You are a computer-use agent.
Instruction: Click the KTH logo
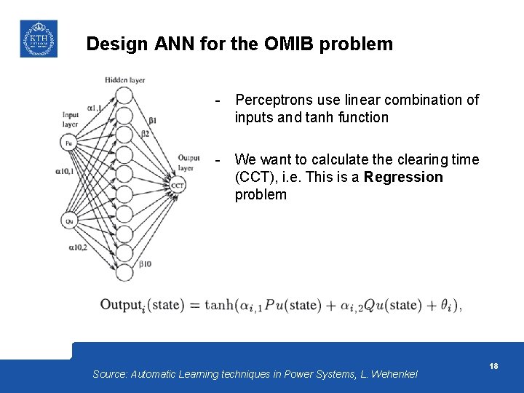(38, 39)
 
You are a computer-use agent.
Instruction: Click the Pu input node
(69, 143)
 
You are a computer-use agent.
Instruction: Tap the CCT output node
(178, 186)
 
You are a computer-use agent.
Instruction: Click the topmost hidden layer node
(124, 95)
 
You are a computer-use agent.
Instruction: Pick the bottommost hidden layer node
(124, 272)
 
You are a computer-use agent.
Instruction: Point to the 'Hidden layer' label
(124, 79)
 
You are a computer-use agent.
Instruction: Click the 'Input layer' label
(70, 119)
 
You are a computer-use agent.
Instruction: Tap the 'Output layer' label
(188, 162)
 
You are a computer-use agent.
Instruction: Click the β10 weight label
(146, 263)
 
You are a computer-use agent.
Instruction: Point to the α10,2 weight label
(78, 247)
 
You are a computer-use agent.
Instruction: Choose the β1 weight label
(152, 120)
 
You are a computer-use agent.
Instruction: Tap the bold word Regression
(403, 177)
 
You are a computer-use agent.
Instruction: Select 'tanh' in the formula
(220, 304)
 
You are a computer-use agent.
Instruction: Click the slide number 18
(493, 366)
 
